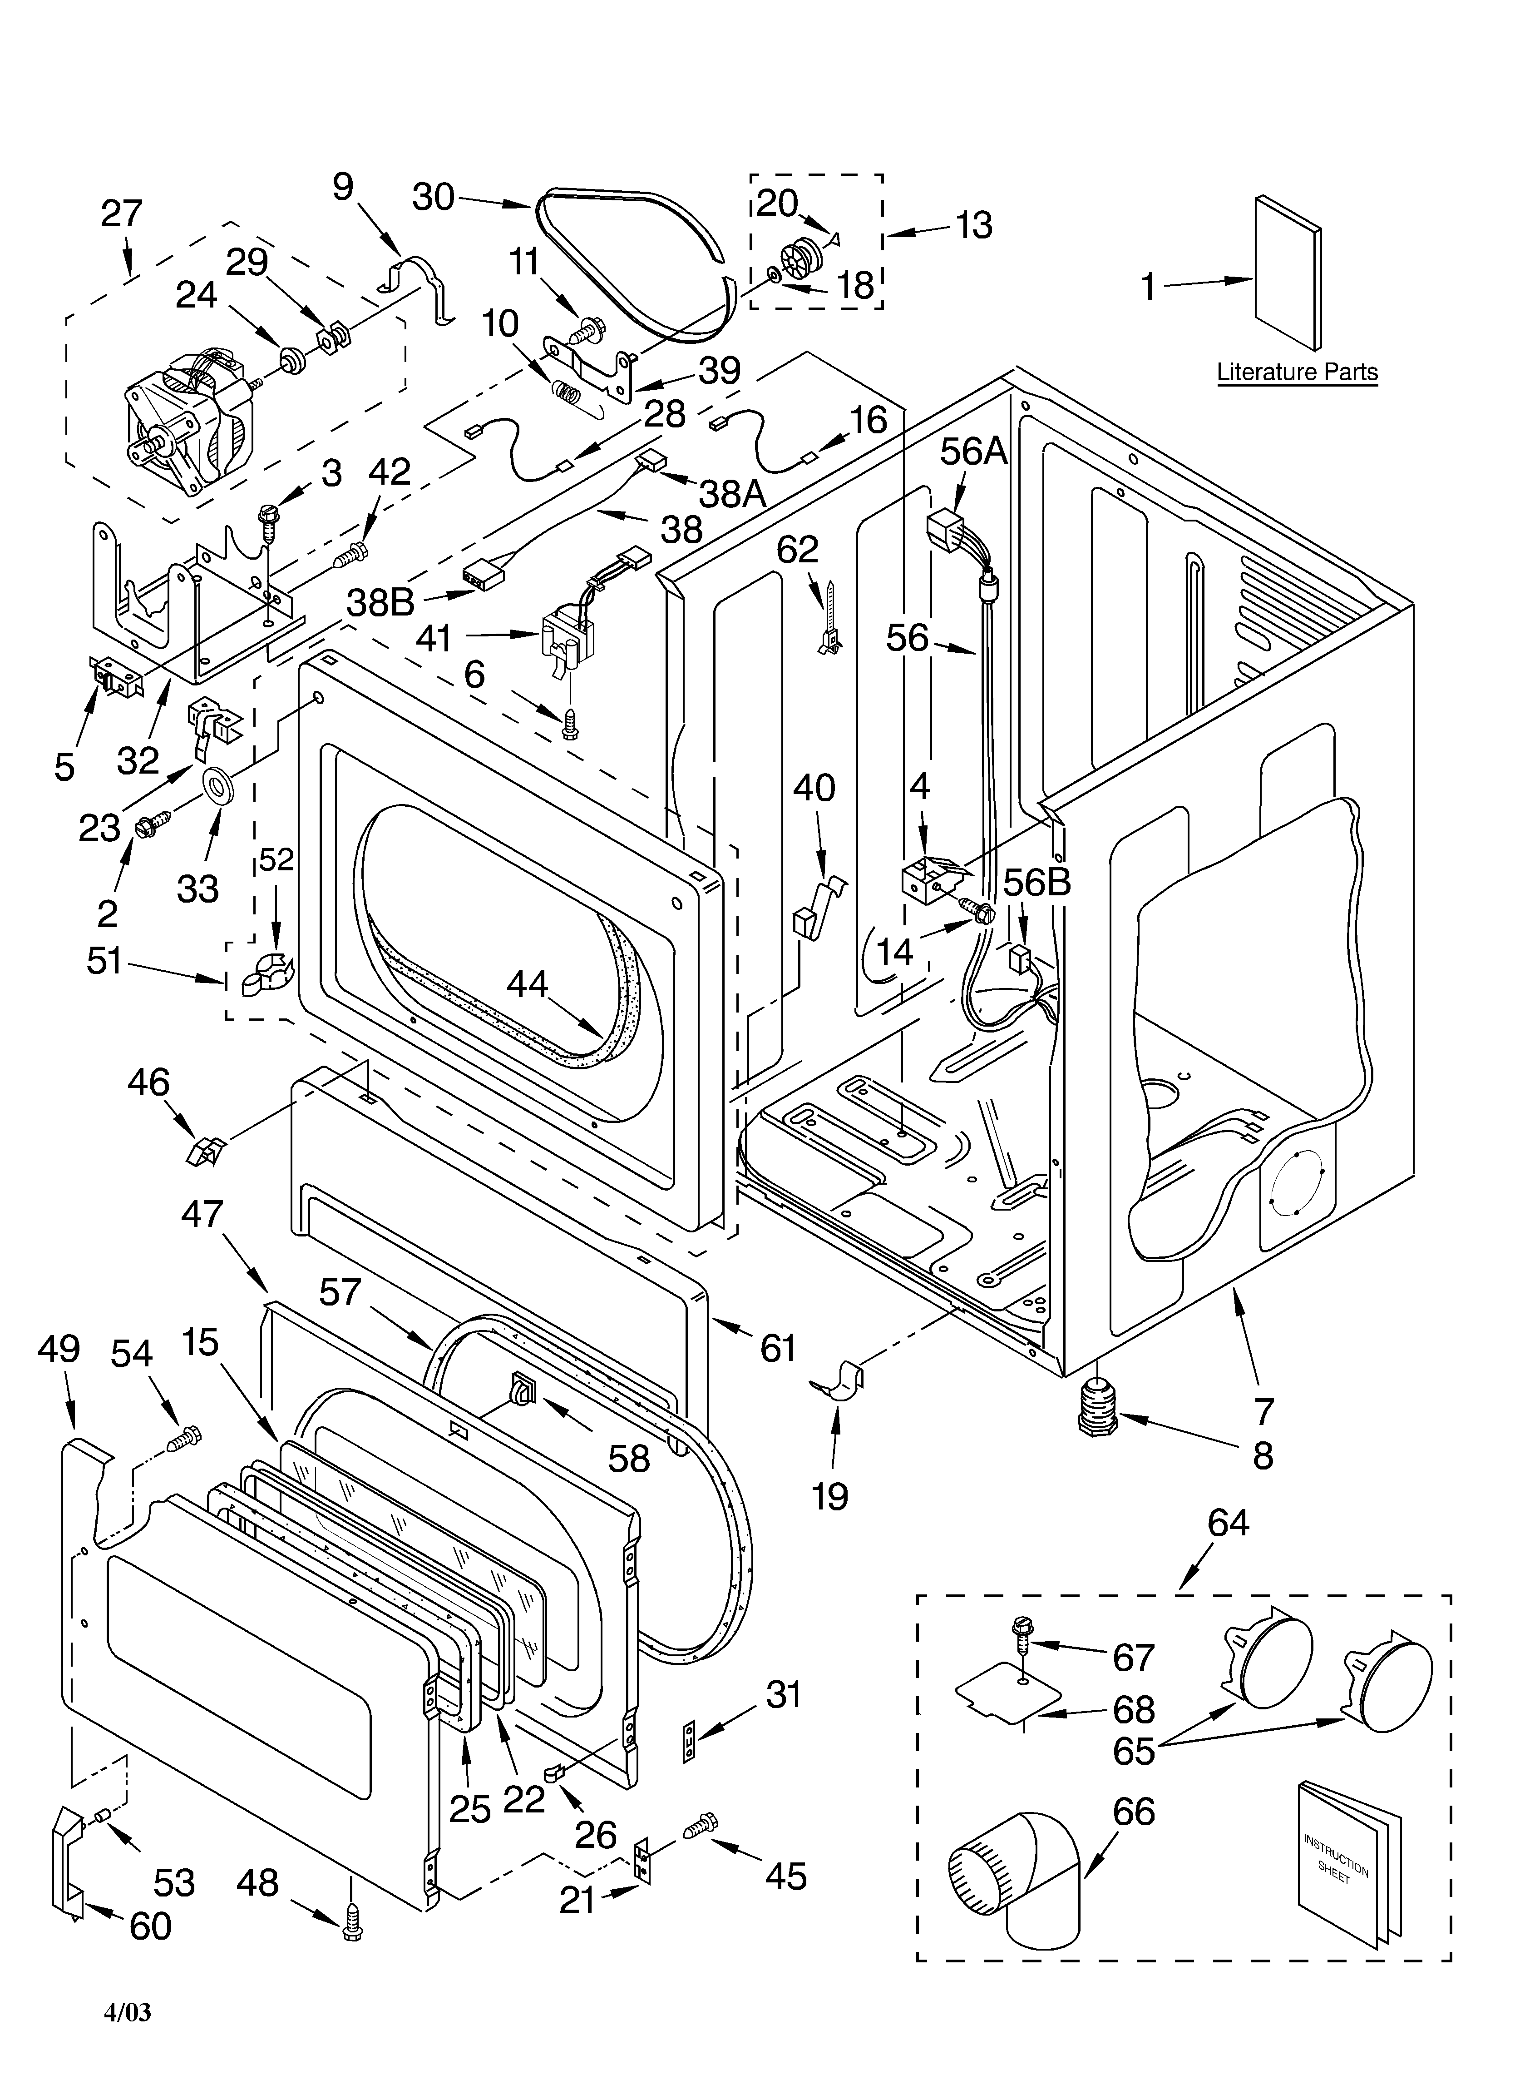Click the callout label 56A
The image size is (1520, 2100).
pyautogui.click(x=973, y=451)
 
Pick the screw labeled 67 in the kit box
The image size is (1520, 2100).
pyautogui.click(x=1023, y=1637)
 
